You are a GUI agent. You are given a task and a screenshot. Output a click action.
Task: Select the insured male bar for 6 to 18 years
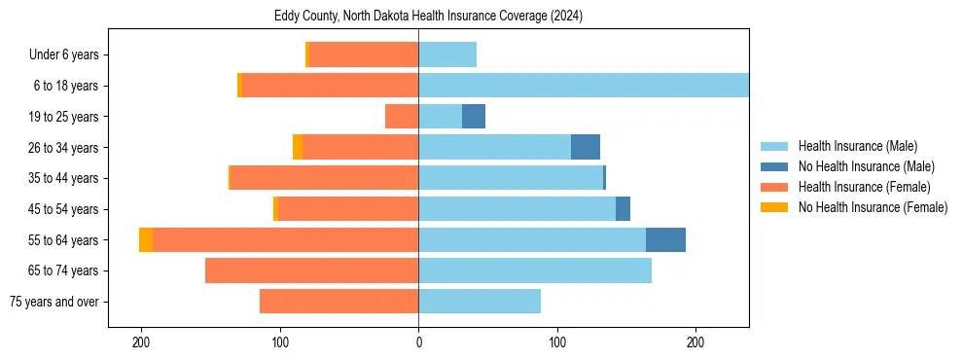click(584, 86)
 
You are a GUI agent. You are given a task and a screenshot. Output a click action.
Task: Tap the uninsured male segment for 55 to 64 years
click(665, 239)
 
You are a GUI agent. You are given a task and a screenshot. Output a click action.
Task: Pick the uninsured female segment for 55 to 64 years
click(146, 239)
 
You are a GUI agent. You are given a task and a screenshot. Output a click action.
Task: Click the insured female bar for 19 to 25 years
click(402, 117)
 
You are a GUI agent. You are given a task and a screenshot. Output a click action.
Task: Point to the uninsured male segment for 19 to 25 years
click(474, 117)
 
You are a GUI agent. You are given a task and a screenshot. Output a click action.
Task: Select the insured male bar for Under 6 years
click(447, 54)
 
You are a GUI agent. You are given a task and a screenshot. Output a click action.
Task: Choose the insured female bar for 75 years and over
click(339, 302)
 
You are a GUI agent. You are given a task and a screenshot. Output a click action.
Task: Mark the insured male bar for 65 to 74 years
click(535, 270)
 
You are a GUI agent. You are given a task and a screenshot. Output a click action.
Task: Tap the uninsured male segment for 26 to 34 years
click(586, 147)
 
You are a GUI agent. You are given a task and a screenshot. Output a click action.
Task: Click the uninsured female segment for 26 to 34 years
click(298, 147)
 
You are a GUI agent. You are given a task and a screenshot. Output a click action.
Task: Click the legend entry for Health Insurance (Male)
click(857, 146)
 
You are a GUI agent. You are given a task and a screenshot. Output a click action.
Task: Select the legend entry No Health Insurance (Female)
click(873, 207)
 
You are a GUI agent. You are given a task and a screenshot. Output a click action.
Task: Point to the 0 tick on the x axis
click(419, 343)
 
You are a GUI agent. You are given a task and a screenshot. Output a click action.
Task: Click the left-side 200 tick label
click(141, 343)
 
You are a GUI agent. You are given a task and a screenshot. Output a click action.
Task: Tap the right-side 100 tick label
click(557, 343)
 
